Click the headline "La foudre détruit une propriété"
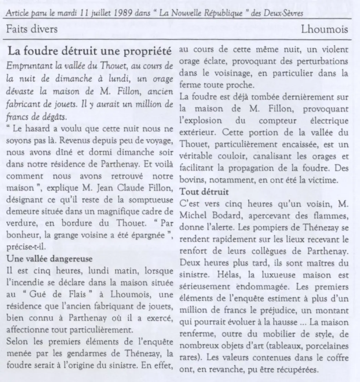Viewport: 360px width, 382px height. [89, 52]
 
